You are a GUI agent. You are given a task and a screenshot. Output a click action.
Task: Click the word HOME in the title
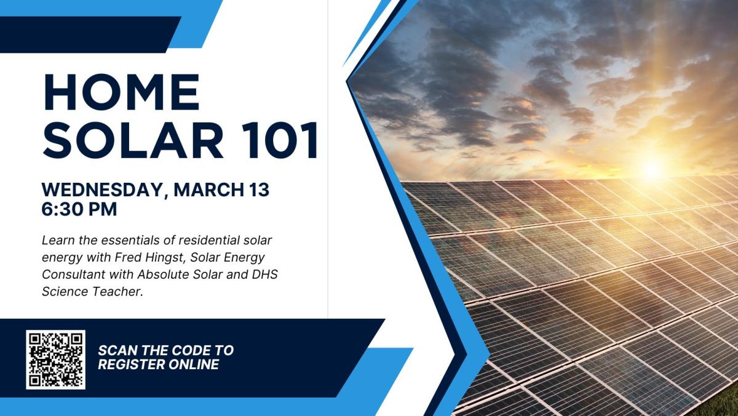point(122,94)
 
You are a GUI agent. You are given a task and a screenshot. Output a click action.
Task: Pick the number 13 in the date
point(258,190)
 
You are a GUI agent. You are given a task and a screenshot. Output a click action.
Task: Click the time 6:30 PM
point(79,209)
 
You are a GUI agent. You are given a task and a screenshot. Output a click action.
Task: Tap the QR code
point(55,359)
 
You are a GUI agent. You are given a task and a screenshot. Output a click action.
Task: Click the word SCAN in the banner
point(118,350)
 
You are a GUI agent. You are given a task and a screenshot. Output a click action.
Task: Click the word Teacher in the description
point(119,292)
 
